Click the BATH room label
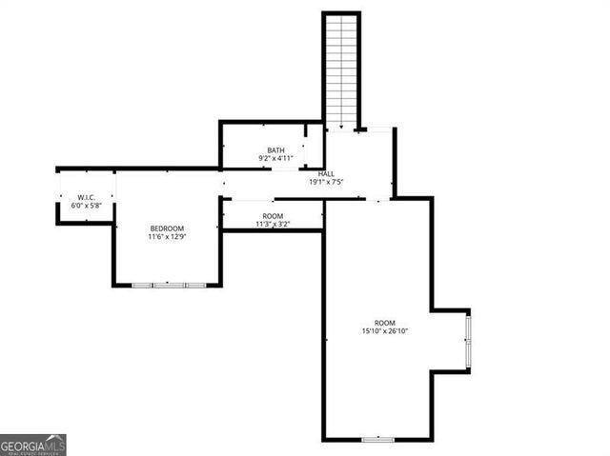[275, 150]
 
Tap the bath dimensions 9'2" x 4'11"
[275, 159]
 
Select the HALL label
[326, 173]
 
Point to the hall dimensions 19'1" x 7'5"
[326, 182]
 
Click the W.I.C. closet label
[86, 197]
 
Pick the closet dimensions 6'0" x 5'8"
[86, 206]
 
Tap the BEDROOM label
[167, 228]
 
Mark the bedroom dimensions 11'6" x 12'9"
[167, 237]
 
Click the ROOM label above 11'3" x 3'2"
[274, 216]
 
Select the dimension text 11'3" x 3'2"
[274, 225]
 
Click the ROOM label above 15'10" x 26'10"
[384, 323]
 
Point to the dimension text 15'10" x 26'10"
[384, 331]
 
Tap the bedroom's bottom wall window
[169, 285]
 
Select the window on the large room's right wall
[467, 341]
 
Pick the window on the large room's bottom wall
[378, 439]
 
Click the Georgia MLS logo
[33, 445]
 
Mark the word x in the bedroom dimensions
[167, 237]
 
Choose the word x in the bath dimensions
[274, 159]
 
